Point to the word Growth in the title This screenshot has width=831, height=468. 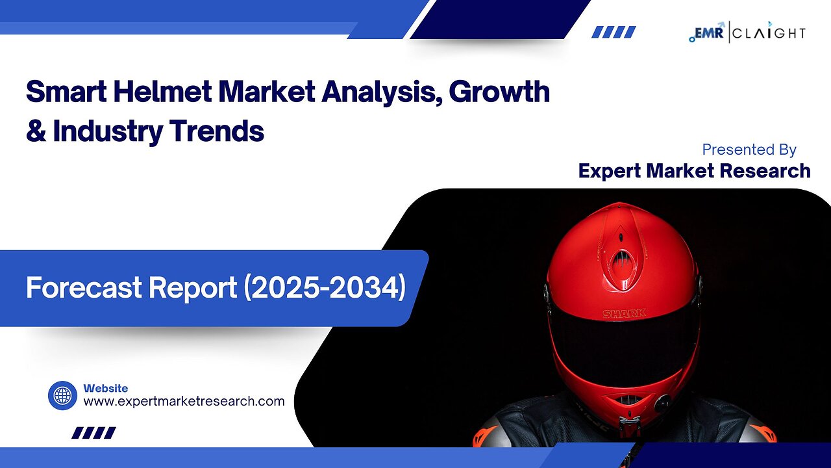point(499,92)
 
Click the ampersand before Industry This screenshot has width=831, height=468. point(36,131)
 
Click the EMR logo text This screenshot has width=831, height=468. point(708,32)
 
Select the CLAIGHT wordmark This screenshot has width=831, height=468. point(769,33)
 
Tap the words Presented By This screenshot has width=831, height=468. point(749,149)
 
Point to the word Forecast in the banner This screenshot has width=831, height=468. point(84,287)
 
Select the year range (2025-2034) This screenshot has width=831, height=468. point(325,288)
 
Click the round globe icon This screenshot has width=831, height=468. point(63,396)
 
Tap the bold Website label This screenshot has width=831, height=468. point(106,389)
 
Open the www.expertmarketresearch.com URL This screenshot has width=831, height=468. point(184,402)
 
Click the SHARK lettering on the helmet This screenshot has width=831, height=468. point(625,314)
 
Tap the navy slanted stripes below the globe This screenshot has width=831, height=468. point(94,433)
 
